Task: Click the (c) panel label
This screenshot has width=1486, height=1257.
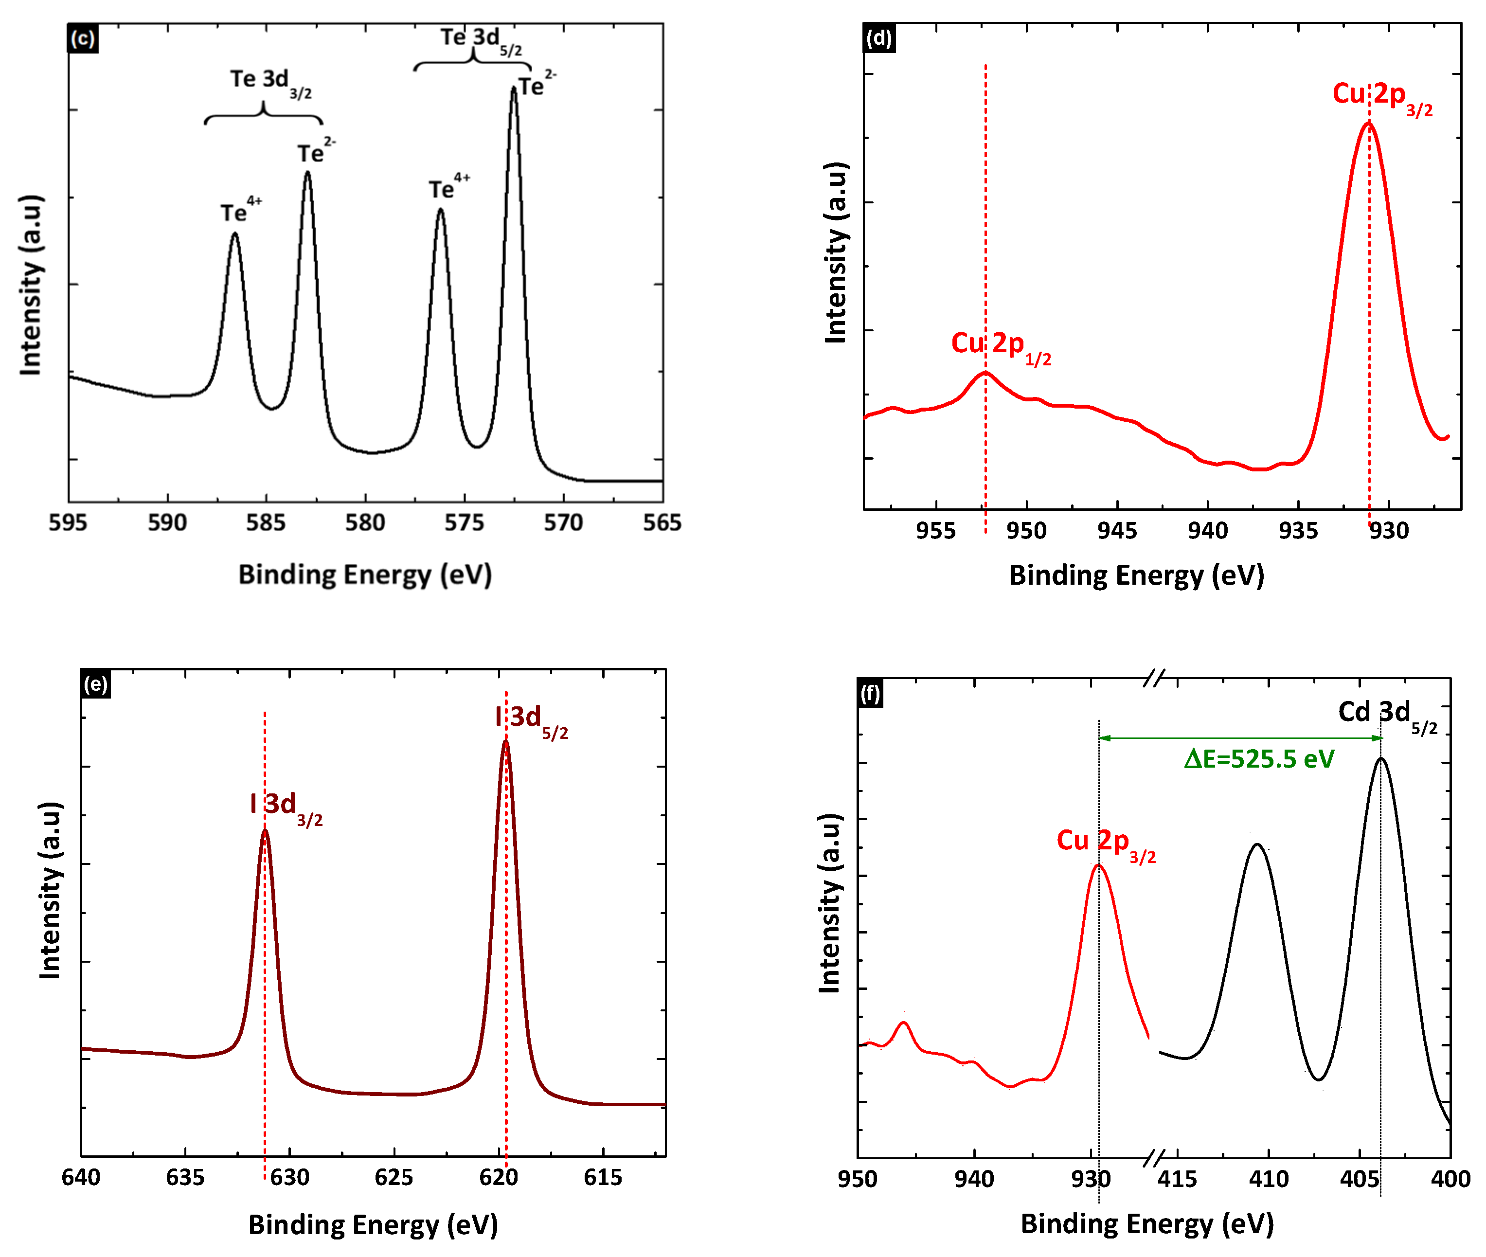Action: pyautogui.click(x=83, y=38)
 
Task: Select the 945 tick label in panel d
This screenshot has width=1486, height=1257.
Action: pyautogui.click(x=1116, y=531)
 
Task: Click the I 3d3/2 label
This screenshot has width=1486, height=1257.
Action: pyautogui.click(x=286, y=807)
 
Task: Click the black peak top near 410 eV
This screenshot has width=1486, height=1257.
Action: pyautogui.click(x=1257, y=845)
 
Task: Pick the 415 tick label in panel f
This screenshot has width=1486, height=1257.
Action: pyautogui.click(x=1177, y=1179)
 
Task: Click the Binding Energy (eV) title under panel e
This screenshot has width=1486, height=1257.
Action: pyautogui.click(x=373, y=1225)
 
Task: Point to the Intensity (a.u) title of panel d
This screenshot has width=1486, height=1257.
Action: pyautogui.click(x=835, y=252)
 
